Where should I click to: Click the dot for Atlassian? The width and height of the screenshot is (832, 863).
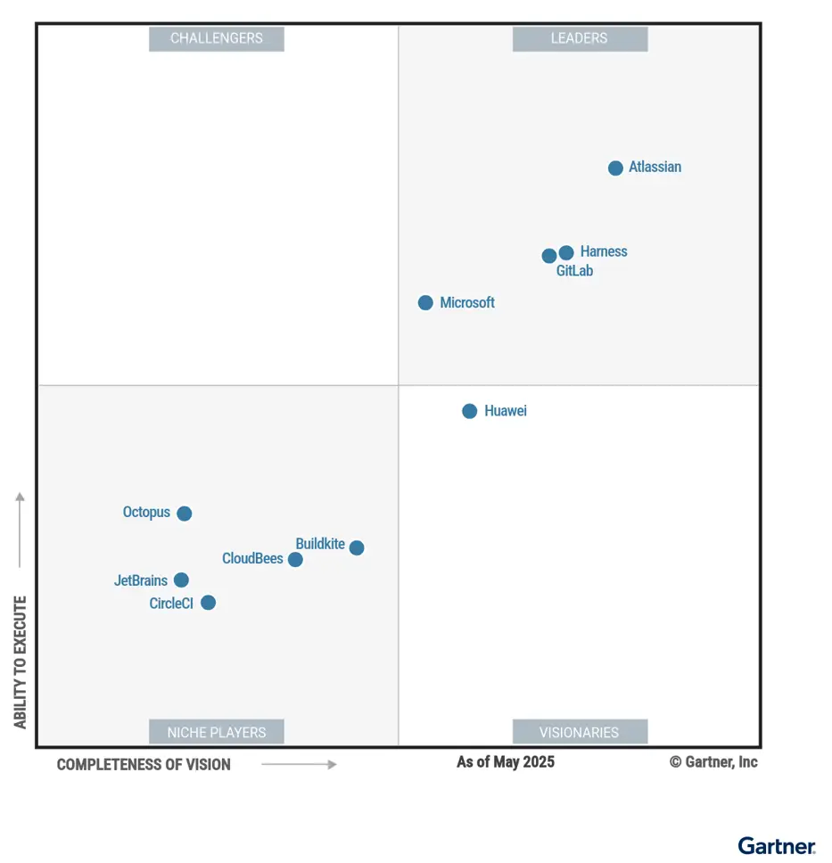coord(615,168)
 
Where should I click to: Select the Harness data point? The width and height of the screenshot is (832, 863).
coord(566,252)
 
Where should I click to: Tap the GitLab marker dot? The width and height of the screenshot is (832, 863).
coord(549,256)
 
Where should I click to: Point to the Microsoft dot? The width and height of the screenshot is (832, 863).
coord(425,303)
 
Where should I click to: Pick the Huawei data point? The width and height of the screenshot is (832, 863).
coord(469,411)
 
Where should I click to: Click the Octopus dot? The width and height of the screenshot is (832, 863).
coord(184,514)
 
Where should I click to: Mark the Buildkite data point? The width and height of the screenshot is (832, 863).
coord(357,547)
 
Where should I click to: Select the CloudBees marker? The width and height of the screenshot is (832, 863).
coord(295,560)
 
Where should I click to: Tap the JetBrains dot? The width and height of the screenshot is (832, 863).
coord(181,580)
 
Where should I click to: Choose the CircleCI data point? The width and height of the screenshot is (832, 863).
coord(208,603)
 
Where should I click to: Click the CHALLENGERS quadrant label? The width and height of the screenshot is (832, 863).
coord(217,38)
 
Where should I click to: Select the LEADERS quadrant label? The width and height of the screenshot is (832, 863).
coord(580,38)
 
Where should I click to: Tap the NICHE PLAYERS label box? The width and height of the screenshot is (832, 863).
coord(217,732)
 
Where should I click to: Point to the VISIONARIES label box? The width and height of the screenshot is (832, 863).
coord(580,732)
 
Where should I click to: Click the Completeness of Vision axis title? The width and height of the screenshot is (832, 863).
coord(144,764)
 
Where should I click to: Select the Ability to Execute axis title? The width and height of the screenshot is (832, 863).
coord(20,662)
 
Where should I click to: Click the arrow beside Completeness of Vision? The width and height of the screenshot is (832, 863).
coord(299,764)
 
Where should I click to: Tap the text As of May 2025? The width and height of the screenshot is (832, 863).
coord(506,761)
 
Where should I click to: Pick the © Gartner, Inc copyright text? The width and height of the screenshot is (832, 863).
coord(713,761)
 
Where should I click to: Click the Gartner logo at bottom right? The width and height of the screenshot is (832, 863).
coord(776,845)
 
